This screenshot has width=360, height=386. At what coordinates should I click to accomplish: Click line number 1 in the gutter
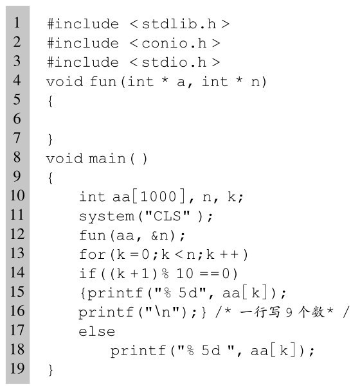point(17,22)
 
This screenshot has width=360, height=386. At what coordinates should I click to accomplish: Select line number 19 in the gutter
point(17,368)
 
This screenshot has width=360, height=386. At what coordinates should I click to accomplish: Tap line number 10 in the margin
point(17,195)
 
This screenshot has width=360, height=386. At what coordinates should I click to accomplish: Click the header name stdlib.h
point(179,24)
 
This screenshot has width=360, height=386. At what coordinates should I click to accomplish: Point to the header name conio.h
point(174,43)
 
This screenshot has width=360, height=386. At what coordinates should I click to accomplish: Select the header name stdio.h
point(174,62)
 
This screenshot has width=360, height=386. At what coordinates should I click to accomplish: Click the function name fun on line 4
point(104,82)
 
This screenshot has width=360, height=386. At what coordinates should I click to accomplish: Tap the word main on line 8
point(107,158)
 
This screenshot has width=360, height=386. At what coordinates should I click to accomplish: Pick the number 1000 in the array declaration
point(158,197)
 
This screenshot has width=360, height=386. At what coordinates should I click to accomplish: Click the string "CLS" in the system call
point(168,216)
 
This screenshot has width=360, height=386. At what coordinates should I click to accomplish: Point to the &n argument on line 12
point(159,235)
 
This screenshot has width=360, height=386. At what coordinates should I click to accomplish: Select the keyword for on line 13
point(93,254)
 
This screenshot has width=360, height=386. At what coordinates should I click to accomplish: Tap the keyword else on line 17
point(97,331)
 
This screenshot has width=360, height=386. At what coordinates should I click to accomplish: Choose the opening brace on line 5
point(50,101)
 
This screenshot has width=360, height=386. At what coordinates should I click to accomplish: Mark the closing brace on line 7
point(50,139)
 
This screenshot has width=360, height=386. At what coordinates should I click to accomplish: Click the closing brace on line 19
point(50,370)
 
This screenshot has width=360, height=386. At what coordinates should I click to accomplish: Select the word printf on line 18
point(138,351)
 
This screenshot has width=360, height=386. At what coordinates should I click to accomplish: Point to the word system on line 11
point(107,216)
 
